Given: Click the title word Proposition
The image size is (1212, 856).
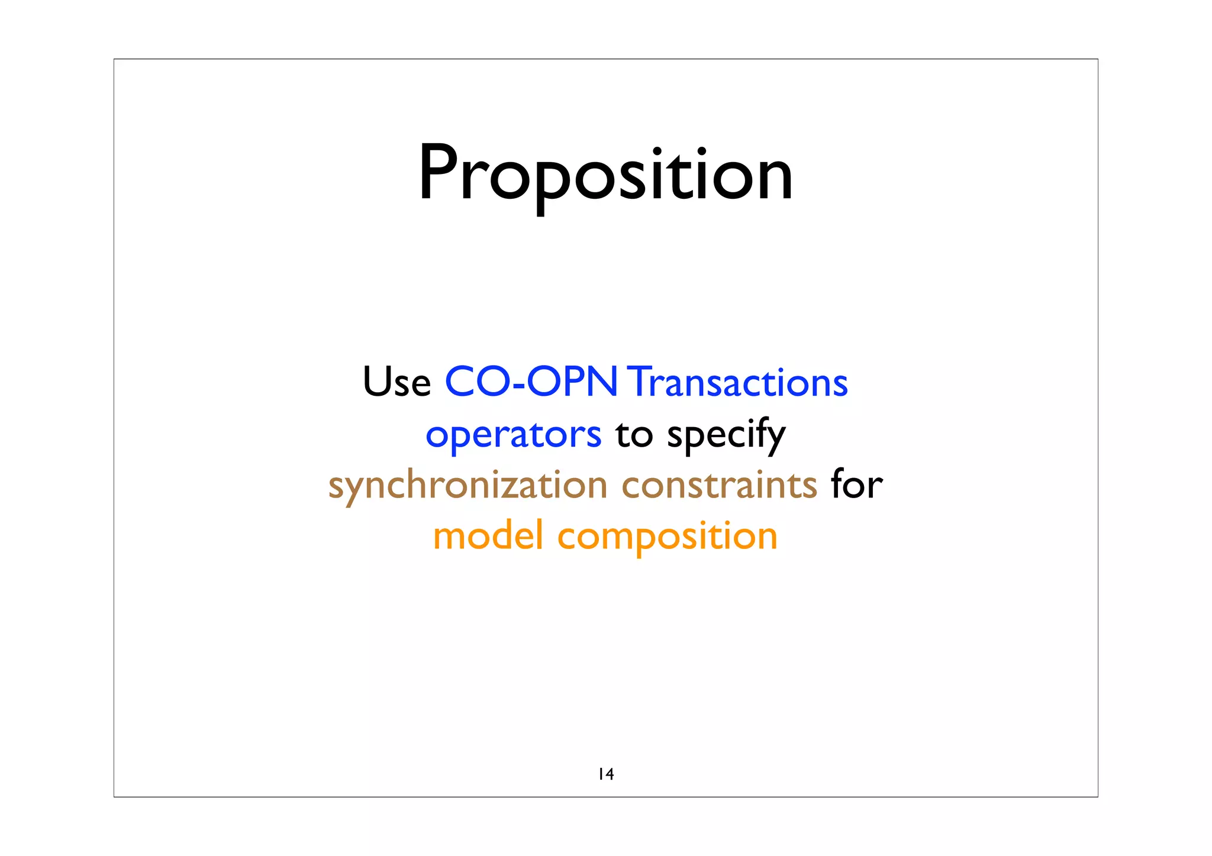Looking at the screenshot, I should [x=605, y=175].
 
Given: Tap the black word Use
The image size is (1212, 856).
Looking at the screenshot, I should [x=397, y=382].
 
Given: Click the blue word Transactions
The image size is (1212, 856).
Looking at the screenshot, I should [x=737, y=382].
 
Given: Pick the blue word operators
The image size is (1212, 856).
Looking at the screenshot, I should [x=513, y=435].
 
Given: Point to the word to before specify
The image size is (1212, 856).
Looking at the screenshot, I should [x=634, y=435].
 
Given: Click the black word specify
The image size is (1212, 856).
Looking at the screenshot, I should [x=726, y=435].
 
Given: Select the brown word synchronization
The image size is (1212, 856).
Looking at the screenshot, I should [x=468, y=486].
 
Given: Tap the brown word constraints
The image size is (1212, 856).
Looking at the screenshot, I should [x=719, y=486].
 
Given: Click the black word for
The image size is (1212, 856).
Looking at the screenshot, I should [x=856, y=486].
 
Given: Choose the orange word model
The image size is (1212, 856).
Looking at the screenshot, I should [x=488, y=536].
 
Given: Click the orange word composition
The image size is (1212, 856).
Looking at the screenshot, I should [x=667, y=537].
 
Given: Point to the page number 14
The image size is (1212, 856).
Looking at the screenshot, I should [x=606, y=774].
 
